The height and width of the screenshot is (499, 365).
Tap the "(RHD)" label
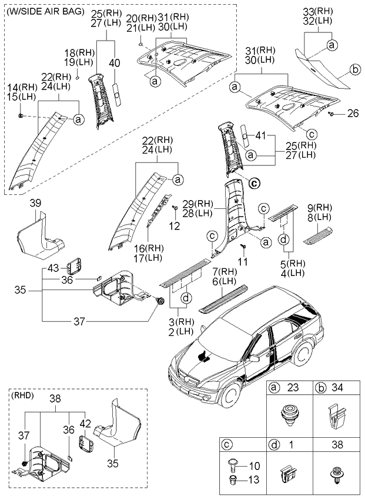(22, 396)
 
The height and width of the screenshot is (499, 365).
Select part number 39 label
(35, 203)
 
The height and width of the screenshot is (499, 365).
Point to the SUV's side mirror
(254, 358)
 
